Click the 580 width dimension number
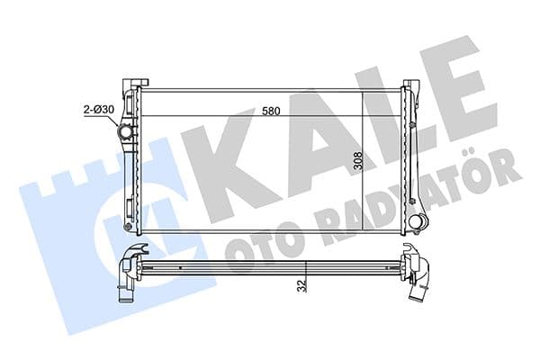(x=269, y=112)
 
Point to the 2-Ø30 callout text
(x=96, y=110)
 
